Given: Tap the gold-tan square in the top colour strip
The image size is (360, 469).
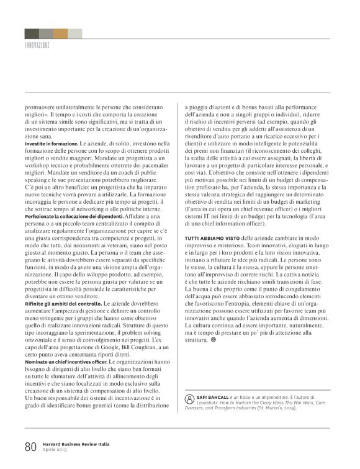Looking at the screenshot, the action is tap(60, 34).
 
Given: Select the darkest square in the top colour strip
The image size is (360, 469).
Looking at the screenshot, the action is tap(32, 34).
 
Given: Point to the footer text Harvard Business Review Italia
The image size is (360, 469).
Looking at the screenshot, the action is tap(79, 444).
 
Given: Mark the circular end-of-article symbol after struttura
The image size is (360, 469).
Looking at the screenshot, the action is tap(214, 340).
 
